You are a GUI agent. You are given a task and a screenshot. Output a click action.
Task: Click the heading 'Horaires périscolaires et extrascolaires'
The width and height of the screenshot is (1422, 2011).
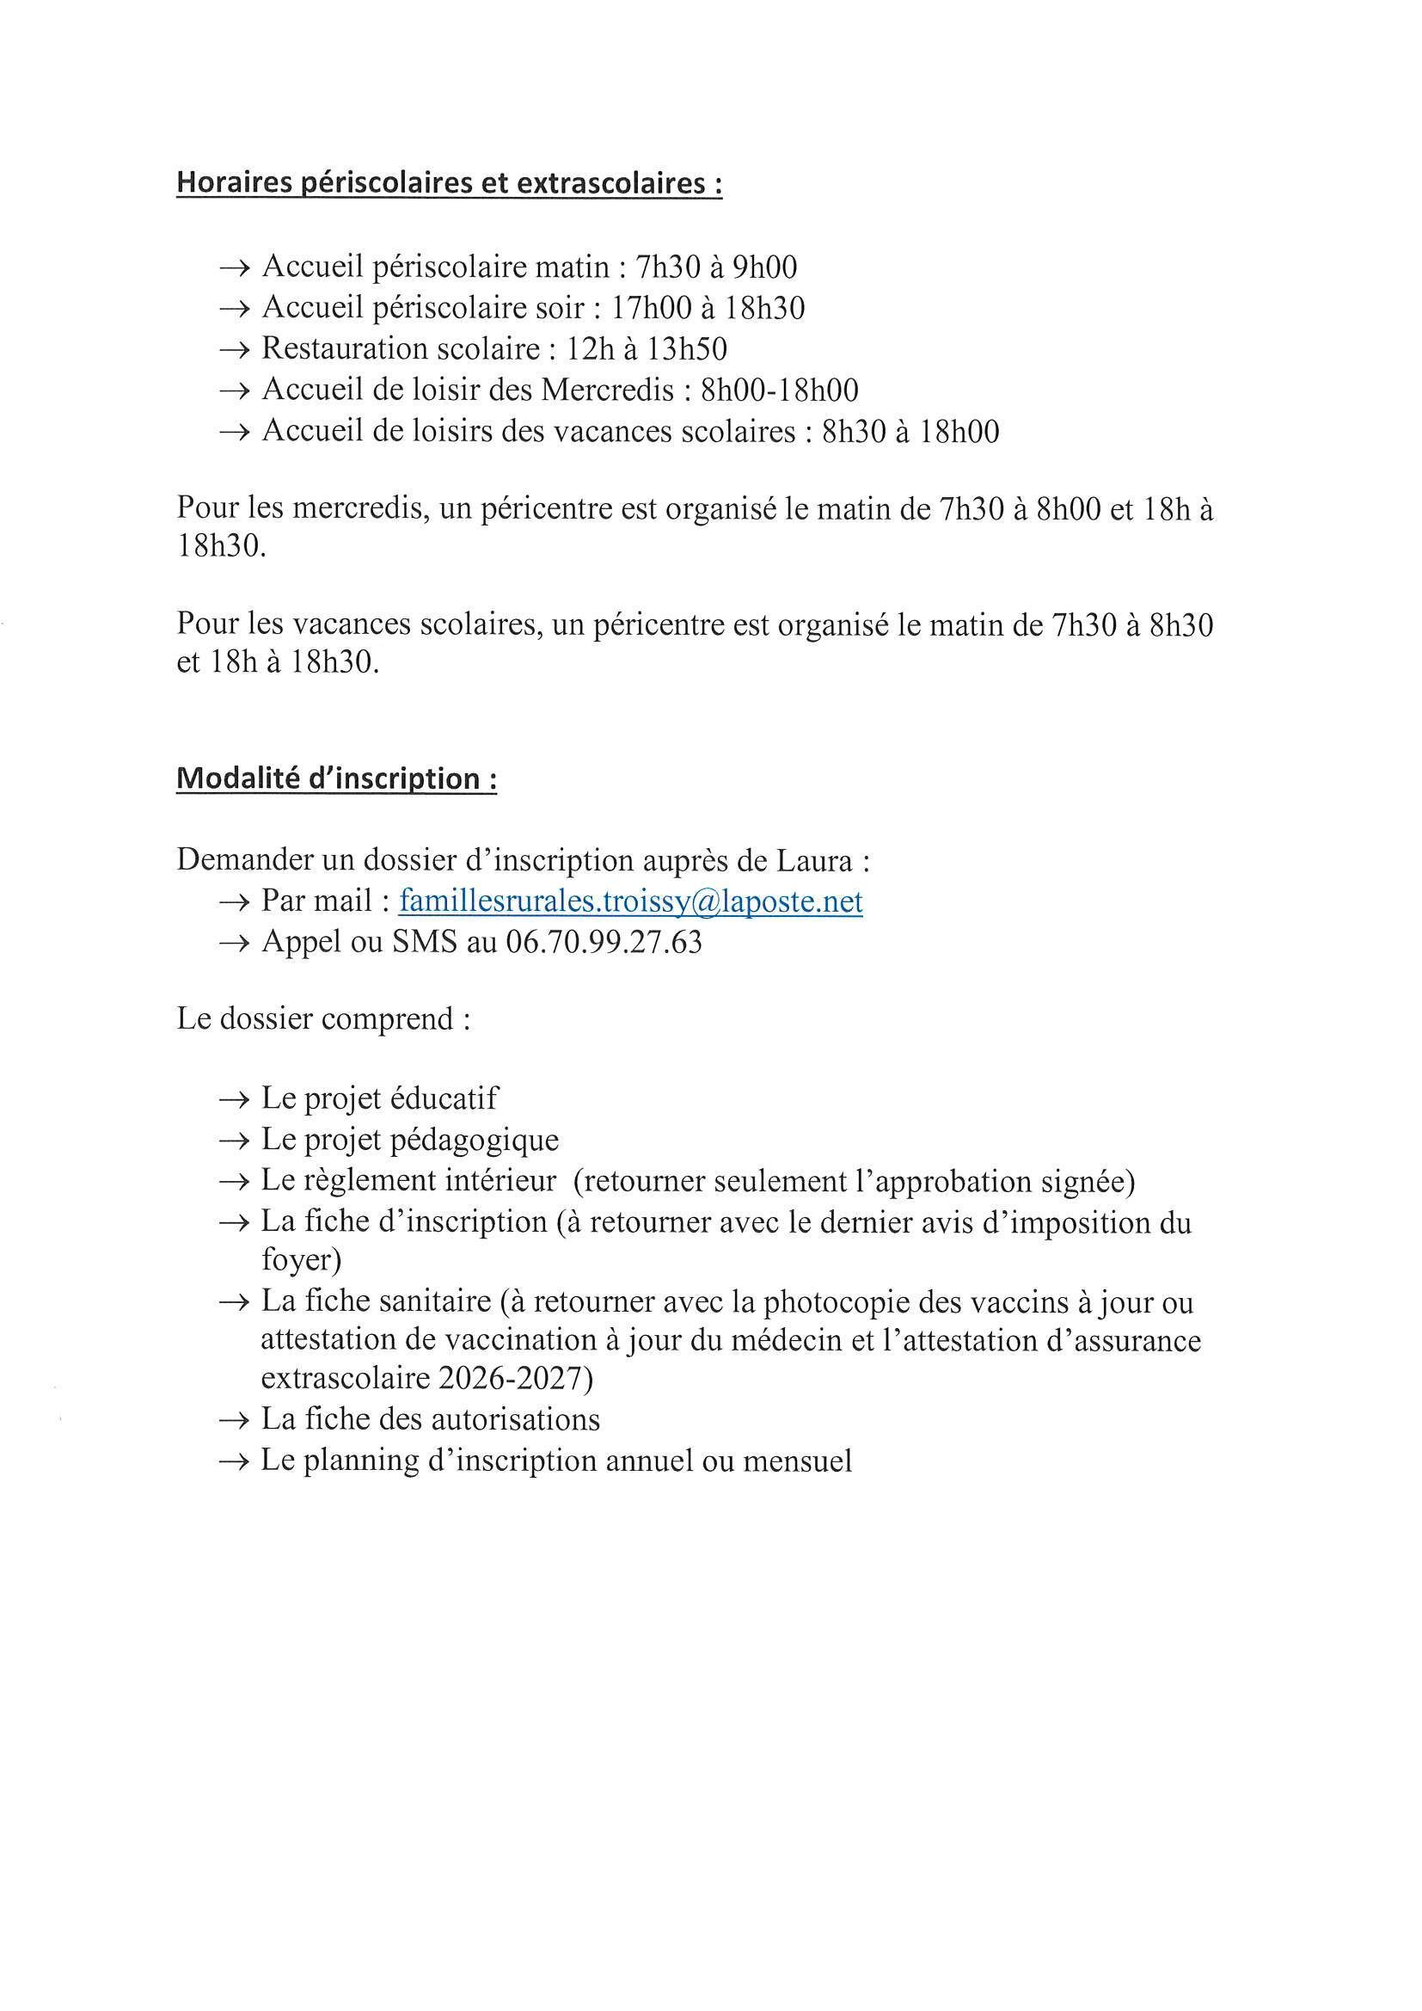(449, 184)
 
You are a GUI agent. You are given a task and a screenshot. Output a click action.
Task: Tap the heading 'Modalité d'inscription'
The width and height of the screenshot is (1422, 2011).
(337, 778)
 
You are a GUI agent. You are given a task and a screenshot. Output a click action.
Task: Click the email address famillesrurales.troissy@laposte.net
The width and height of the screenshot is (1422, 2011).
(630, 901)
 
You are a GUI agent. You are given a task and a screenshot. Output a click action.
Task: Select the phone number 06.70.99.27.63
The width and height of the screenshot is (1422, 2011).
(604, 943)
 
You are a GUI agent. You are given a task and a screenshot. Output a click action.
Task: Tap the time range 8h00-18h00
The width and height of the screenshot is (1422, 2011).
(779, 391)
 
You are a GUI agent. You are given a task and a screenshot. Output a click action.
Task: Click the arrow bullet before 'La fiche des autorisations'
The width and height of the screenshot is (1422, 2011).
(235, 1420)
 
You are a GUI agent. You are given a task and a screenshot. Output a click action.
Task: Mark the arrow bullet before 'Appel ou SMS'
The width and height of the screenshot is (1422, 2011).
(235, 944)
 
